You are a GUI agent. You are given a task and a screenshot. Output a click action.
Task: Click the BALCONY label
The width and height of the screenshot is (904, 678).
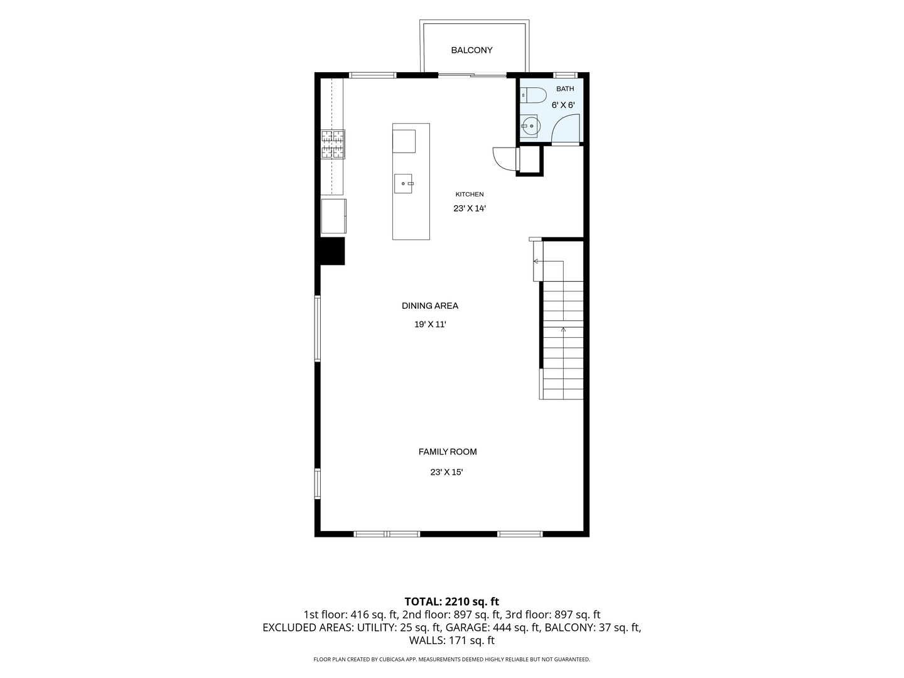[471, 50]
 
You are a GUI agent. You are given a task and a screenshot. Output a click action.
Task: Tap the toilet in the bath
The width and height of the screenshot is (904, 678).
[534, 95]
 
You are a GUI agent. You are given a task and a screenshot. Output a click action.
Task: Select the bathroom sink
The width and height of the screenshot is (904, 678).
[529, 126]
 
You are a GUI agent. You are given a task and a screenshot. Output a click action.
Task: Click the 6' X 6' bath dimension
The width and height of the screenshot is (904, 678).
[563, 105]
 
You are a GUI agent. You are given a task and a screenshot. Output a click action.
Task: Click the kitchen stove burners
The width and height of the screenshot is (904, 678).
[333, 144]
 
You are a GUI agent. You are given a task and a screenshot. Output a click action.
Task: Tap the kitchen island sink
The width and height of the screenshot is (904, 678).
[403, 183]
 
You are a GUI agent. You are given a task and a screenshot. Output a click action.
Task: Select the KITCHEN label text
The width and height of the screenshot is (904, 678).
[470, 195]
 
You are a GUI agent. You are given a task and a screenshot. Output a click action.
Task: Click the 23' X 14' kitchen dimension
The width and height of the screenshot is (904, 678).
[470, 208]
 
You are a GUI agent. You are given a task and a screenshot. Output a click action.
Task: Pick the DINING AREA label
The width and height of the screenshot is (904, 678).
[430, 306]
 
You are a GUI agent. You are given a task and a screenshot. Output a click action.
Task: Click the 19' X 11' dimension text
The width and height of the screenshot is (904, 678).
[431, 325]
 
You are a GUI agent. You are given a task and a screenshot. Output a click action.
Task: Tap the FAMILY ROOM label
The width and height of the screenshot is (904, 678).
[448, 451]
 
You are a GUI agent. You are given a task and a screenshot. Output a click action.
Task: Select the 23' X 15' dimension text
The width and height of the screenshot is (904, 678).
[446, 472]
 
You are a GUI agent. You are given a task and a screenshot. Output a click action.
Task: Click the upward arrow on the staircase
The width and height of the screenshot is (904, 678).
[563, 330]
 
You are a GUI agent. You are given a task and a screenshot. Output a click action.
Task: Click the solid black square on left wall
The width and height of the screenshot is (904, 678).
[333, 251]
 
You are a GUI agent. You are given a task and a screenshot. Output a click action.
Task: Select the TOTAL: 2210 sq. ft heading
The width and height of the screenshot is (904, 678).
[452, 602]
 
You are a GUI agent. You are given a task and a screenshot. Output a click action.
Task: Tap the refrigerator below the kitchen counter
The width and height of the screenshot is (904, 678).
[333, 216]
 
